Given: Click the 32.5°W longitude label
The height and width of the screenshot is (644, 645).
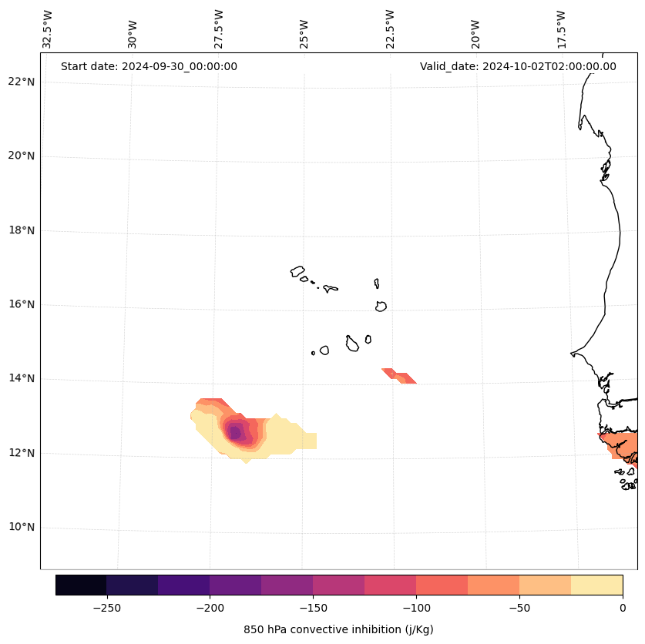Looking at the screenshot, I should click(48, 29).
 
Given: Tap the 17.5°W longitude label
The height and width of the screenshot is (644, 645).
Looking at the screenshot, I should click(561, 29).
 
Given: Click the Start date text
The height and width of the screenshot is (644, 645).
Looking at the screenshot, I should click(149, 66).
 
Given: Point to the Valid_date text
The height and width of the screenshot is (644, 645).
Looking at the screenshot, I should click(518, 66).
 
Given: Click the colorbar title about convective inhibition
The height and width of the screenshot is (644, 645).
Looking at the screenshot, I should click(338, 629).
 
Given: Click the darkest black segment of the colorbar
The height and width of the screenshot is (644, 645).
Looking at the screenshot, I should click(81, 585).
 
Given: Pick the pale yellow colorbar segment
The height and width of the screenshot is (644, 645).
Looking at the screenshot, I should click(596, 585).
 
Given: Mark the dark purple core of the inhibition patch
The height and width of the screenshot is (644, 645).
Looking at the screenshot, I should click(236, 433).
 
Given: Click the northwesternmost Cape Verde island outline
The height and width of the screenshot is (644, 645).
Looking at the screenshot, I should click(297, 271).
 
